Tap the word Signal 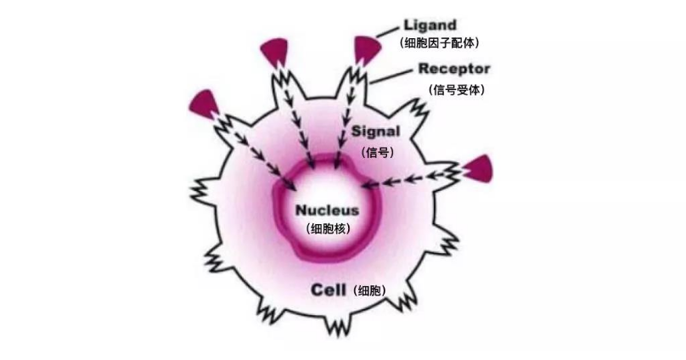tap(374, 132)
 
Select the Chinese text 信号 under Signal tap(374, 153)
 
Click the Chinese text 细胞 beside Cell tap(368, 290)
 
